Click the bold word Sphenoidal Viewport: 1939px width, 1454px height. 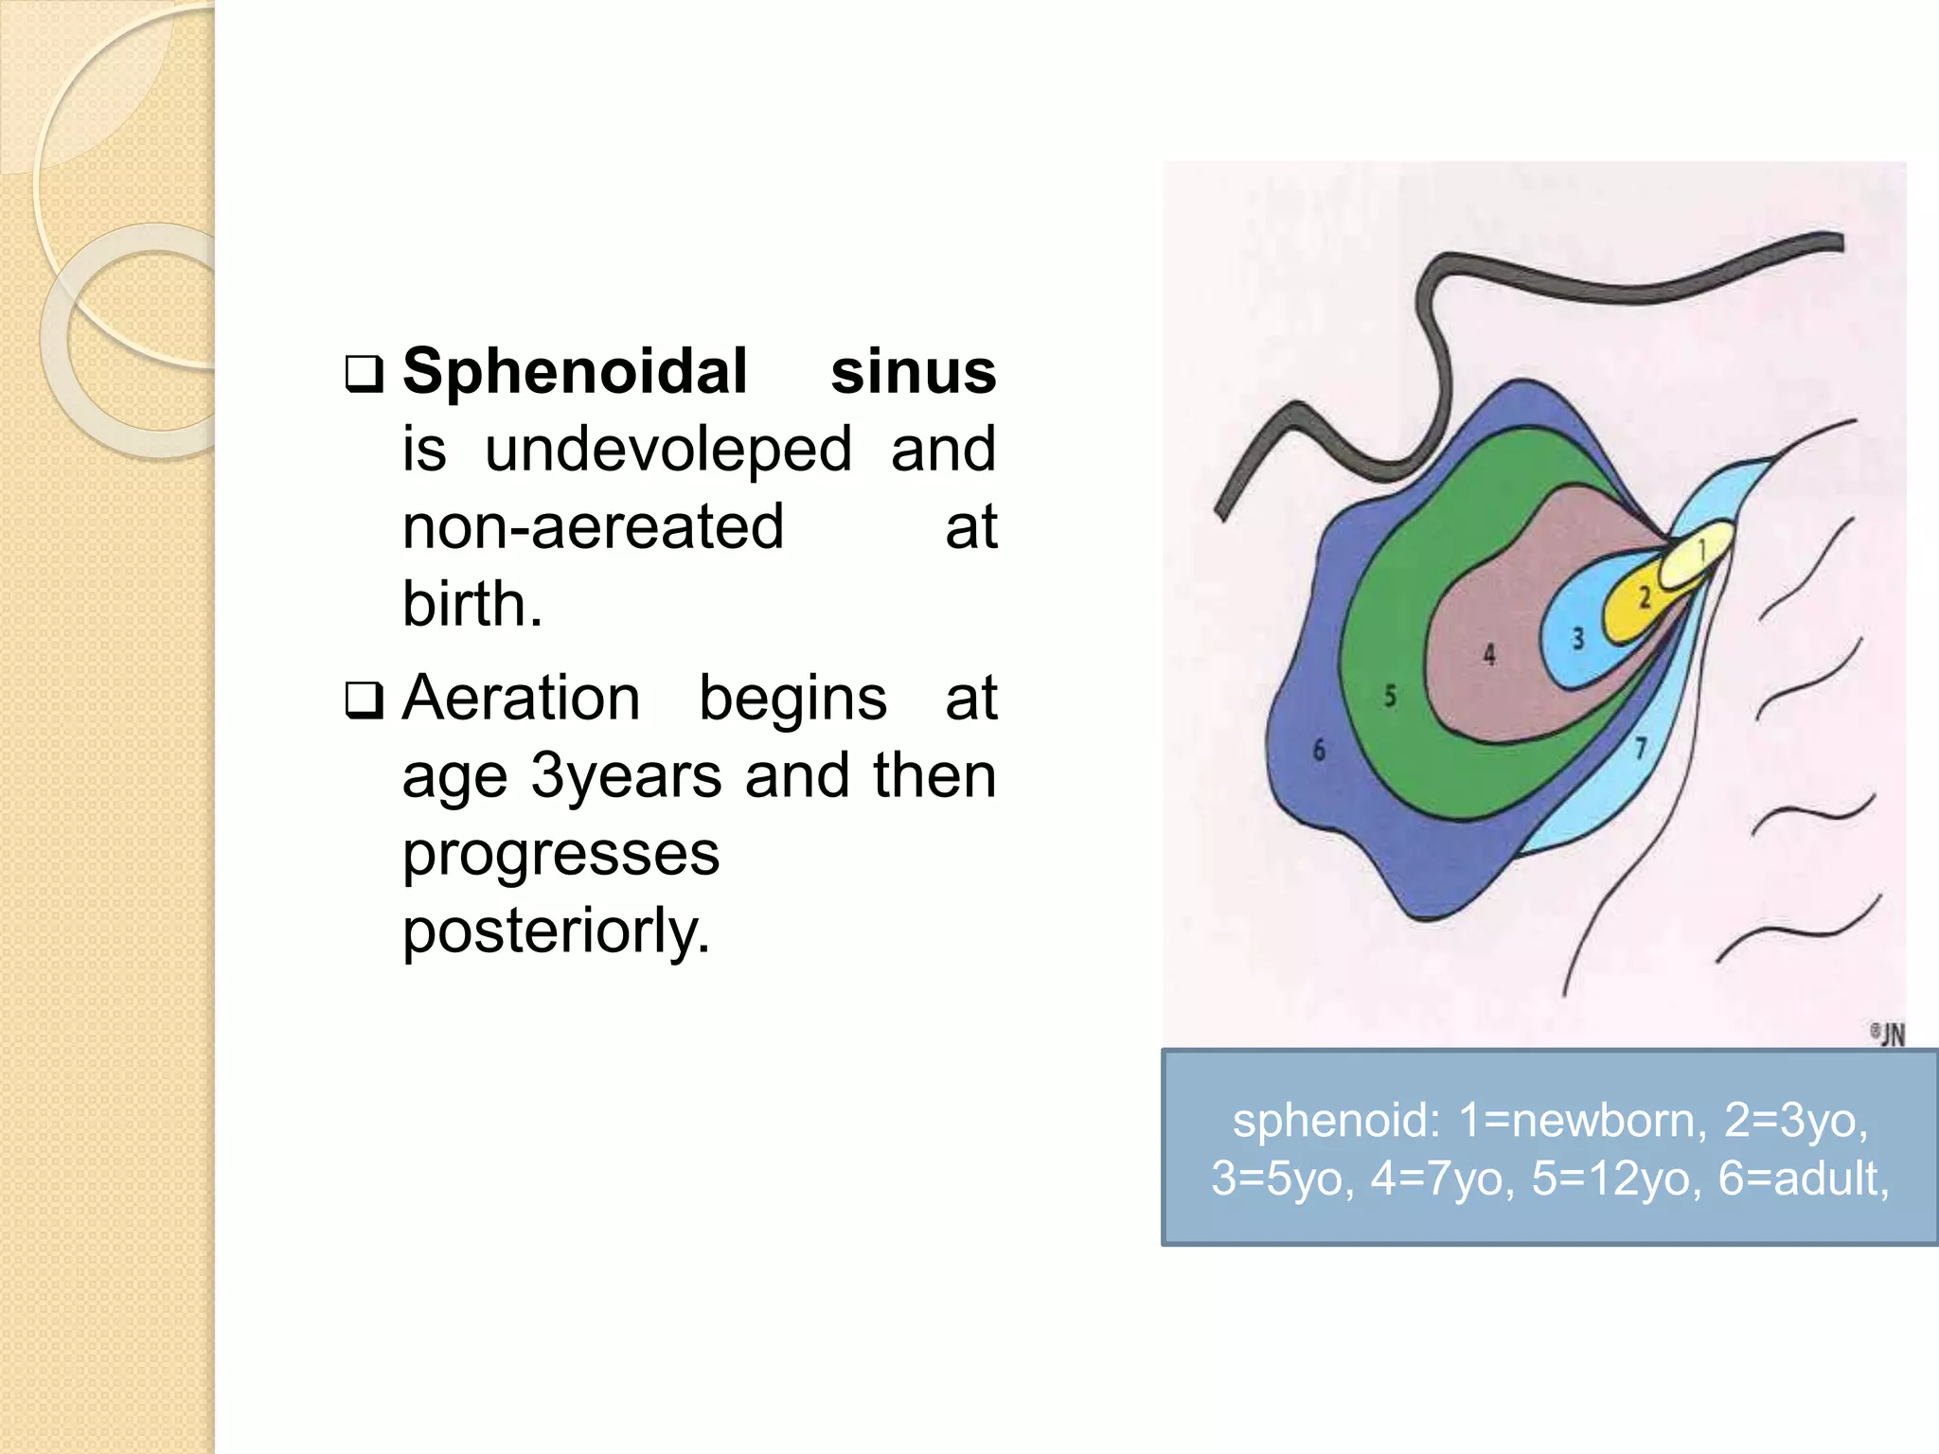tap(575, 372)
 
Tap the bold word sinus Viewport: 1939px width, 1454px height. tap(913, 372)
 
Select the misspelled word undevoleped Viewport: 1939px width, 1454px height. tap(667, 450)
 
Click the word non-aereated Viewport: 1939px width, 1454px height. tap(593, 527)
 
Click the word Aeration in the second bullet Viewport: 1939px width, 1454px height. tap(521, 699)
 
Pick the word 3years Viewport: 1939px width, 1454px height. tap(629, 776)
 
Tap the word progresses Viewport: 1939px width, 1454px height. tap(560, 854)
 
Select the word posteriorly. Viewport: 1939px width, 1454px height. tap(556, 931)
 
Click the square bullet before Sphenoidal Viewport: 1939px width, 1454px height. tap(364, 375)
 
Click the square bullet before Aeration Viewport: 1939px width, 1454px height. tap(364, 701)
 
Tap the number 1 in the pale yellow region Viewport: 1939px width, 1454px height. tap(1702, 549)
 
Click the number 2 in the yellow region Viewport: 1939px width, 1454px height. tap(1645, 597)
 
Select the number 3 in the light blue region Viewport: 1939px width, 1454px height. tap(1578, 639)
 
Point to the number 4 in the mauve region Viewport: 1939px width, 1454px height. tap(1489, 654)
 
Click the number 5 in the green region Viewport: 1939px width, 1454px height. tap(1390, 697)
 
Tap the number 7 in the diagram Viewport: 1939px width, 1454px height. tap(1641, 748)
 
